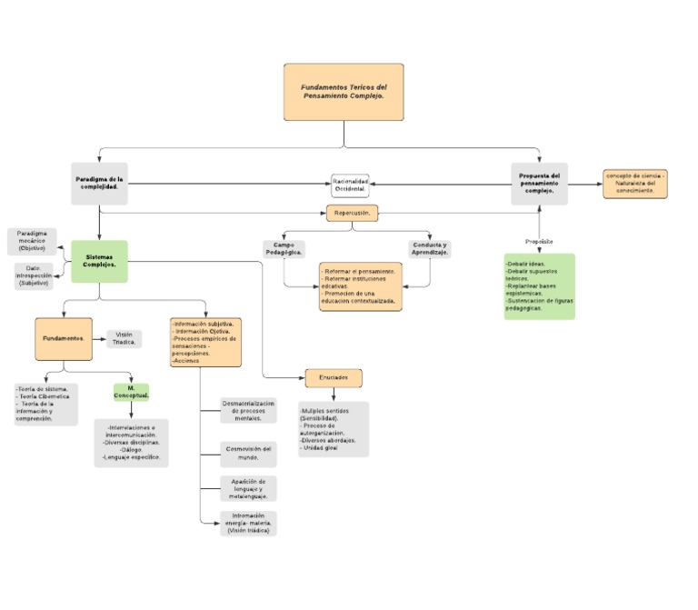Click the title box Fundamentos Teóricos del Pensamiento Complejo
tap(344, 92)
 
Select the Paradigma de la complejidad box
tap(99, 184)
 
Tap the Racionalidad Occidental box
tap(350, 185)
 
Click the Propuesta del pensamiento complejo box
tap(539, 184)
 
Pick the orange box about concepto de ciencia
tap(634, 184)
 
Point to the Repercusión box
tap(350, 214)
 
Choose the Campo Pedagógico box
tap(284, 249)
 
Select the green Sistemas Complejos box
tap(99, 261)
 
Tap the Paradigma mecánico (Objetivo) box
tap(32, 241)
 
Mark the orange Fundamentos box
tap(64, 337)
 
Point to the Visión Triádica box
tap(124, 338)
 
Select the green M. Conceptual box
tap(132, 392)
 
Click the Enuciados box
tap(334, 377)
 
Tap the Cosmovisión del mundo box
tap(248, 453)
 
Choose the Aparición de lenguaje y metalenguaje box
tap(248, 488)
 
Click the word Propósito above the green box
tap(539, 241)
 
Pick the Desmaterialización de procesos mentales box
tap(248, 411)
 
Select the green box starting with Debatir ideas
tap(539, 286)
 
